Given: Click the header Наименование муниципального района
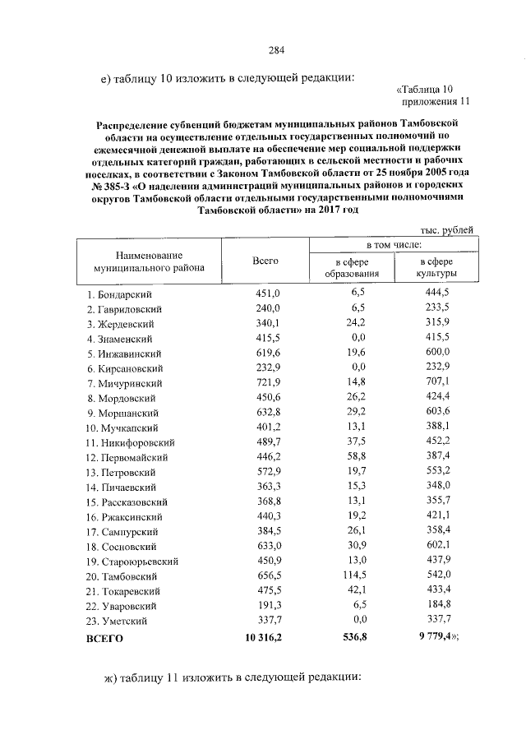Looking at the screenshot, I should coord(149,261).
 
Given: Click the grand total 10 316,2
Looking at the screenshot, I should coord(259,637).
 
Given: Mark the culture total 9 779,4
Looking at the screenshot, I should coord(432,637).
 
